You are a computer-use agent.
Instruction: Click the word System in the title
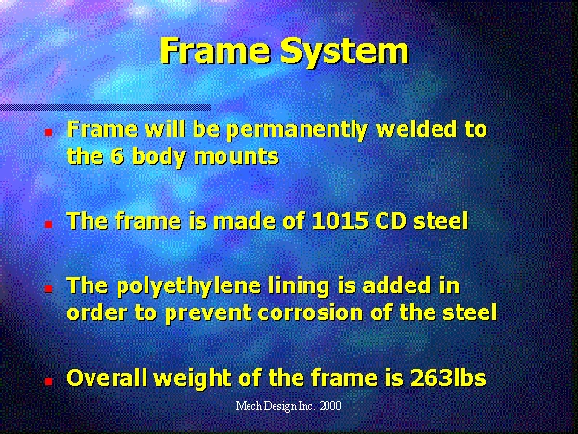pos(345,52)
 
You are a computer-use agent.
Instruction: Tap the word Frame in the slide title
pos(215,50)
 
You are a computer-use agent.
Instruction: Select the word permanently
pos(297,130)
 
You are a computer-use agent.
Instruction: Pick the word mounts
pos(236,157)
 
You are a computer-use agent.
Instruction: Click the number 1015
pos(340,221)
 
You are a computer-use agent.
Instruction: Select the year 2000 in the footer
pos(330,406)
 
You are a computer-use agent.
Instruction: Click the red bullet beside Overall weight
pos(49,381)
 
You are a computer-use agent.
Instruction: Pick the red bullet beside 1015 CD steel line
pos(49,224)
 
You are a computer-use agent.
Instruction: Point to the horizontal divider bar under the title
pos(105,108)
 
